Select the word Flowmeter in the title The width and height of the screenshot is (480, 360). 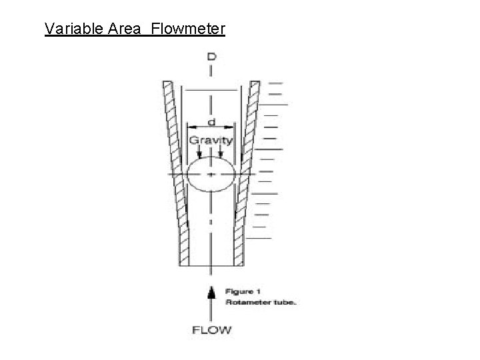(x=189, y=29)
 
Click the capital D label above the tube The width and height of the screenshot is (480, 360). (x=211, y=58)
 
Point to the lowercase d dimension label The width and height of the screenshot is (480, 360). (x=211, y=121)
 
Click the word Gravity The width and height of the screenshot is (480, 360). (x=211, y=140)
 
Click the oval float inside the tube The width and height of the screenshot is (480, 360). (x=211, y=175)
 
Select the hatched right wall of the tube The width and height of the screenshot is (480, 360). (x=247, y=173)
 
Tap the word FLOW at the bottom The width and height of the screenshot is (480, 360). (x=211, y=329)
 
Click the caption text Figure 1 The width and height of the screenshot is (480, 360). (x=243, y=292)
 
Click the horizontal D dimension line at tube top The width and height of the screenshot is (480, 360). (x=211, y=89)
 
